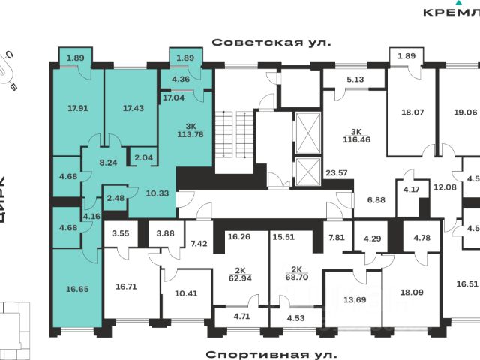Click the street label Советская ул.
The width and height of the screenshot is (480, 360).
click(x=271, y=43)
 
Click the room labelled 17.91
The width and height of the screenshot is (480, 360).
click(x=77, y=108)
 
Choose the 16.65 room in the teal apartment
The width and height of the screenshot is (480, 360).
click(x=76, y=287)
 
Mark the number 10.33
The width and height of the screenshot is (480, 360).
click(x=157, y=193)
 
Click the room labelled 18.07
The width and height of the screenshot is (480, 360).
click(x=412, y=112)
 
